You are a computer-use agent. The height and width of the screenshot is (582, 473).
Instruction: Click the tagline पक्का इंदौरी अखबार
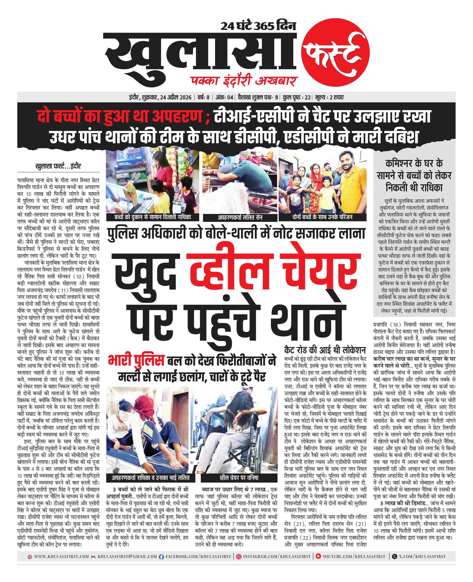pyautogui.click(x=244, y=81)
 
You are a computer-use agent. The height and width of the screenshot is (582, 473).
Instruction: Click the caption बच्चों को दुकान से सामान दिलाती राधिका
pyautogui.click(x=153, y=217)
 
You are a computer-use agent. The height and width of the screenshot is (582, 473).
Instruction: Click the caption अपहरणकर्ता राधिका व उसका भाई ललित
pyautogui.click(x=150, y=478)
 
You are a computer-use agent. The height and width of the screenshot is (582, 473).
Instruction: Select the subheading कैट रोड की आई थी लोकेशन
pyautogui.click(x=325, y=350)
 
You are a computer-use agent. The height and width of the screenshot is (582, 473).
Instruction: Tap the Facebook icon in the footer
pyautogui.click(x=161, y=557)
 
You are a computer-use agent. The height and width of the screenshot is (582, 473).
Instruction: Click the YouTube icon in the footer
pyautogui.click(x=318, y=557)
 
